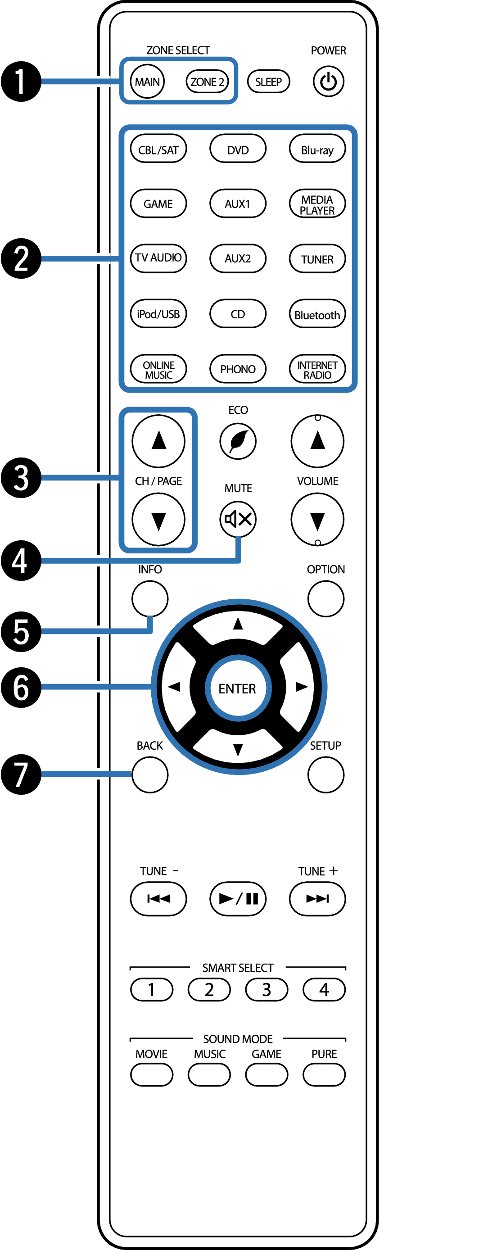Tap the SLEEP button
pyautogui.click(x=268, y=82)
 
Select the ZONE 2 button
pyautogui.click(x=207, y=82)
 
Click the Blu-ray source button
pyautogui.click(x=317, y=149)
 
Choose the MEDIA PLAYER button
pyautogui.click(x=317, y=204)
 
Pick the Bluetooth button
pyautogui.click(x=317, y=314)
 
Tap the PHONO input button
pyautogui.click(x=237, y=369)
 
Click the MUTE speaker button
pyautogui.click(x=238, y=519)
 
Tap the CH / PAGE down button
pyautogui.click(x=158, y=520)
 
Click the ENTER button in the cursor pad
pyautogui.click(x=237, y=688)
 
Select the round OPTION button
pyautogui.click(x=325, y=599)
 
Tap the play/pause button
pyautogui.click(x=237, y=899)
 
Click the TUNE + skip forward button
pyautogui.click(x=317, y=899)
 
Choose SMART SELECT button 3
pyautogui.click(x=267, y=989)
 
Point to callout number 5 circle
pyautogui.click(x=21, y=631)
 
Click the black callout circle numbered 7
pyautogui.click(x=21, y=774)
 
